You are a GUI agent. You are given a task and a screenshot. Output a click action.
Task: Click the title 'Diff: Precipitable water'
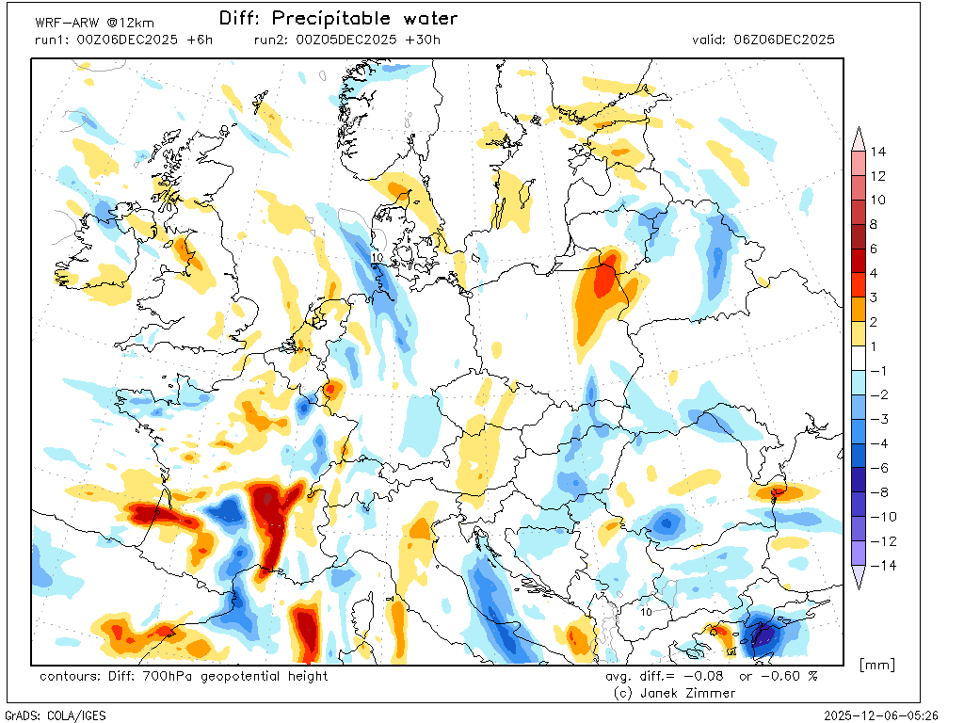pyautogui.click(x=338, y=19)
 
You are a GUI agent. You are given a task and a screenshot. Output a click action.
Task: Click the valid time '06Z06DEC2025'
pyautogui.click(x=783, y=40)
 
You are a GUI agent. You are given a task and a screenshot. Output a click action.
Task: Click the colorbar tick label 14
pyautogui.click(x=878, y=152)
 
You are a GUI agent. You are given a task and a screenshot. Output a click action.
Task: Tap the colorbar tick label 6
pyautogui.click(x=874, y=249)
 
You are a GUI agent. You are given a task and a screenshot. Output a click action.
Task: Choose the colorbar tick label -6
pyautogui.click(x=877, y=468)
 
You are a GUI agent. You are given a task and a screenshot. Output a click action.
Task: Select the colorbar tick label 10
pyautogui.click(x=877, y=201)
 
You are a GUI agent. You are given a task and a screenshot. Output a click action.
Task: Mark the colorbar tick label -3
pyautogui.click(x=877, y=419)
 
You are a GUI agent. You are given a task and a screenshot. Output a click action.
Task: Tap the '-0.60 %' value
pyautogui.click(x=790, y=676)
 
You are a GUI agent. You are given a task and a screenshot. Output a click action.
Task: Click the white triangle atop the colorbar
pyautogui.click(x=859, y=139)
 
